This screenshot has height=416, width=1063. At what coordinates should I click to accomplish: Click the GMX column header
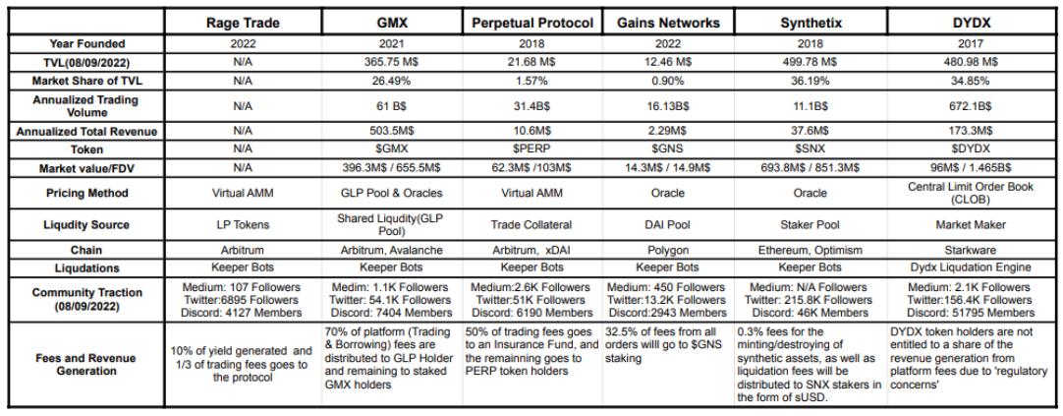[391, 21]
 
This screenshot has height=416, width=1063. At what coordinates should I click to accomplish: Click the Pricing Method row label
[84, 193]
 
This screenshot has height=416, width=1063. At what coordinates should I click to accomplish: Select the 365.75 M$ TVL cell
[391, 61]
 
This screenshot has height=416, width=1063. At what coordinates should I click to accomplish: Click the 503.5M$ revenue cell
[391, 130]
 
